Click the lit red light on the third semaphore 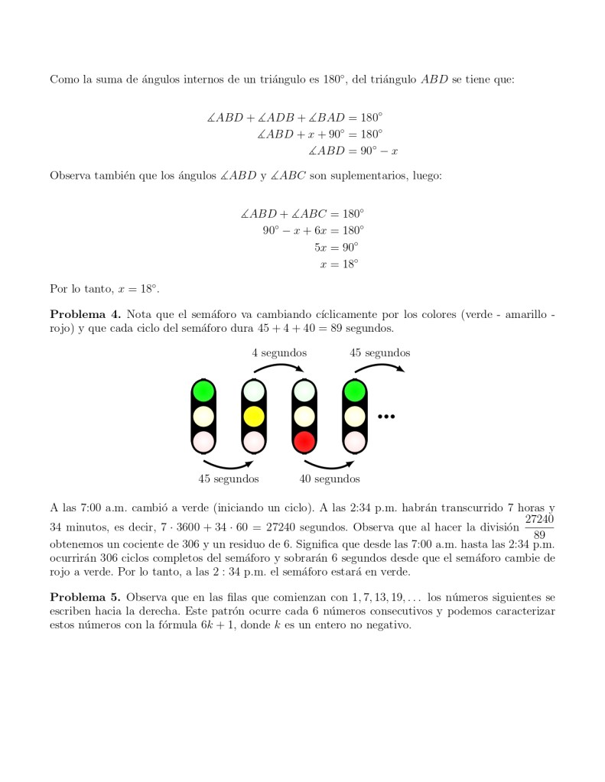point(304,441)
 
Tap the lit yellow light point(254,417)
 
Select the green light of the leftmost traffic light point(203,391)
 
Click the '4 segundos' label point(279,353)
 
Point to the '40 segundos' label point(330,479)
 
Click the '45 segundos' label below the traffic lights point(228,479)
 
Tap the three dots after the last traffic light point(385,417)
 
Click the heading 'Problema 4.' point(85,313)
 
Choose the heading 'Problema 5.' point(85,596)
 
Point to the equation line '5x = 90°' point(336,247)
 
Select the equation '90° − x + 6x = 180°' point(313,230)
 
